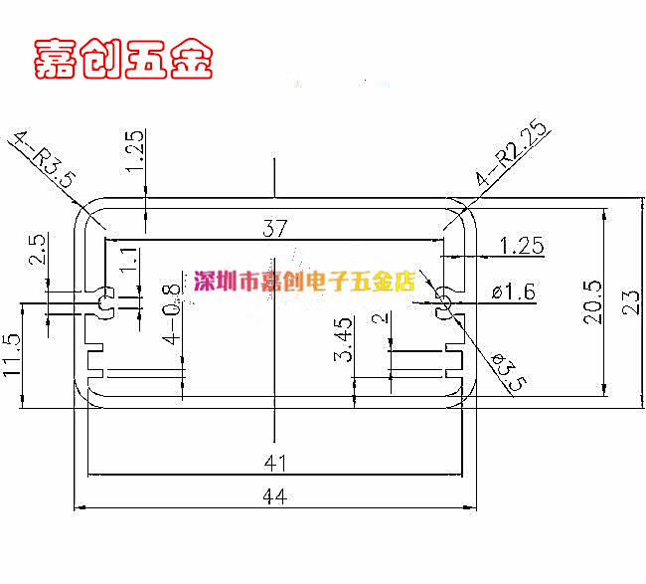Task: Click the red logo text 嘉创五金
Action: pyautogui.click(x=123, y=59)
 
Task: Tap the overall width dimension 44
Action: pyautogui.click(x=274, y=496)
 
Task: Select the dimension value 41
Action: pyautogui.click(x=274, y=463)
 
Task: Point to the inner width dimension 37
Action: pyautogui.click(x=274, y=228)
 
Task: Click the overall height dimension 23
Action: pyautogui.click(x=631, y=303)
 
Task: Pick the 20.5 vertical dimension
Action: pyautogui.click(x=593, y=301)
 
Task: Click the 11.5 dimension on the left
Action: pyautogui.click(x=12, y=355)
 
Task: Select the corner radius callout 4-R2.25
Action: pyautogui.click(x=513, y=152)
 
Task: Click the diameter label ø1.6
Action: pyautogui.click(x=514, y=292)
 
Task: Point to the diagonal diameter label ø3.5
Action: pyautogui.click(x=510, y=372)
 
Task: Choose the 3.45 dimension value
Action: pyautogui.click(x=343, y=339)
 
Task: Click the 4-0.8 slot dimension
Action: pyautogui.click(x=173, y=313)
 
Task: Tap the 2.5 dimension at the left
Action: pyautogui.click(x=37, y=249)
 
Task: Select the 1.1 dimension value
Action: pyautogui.click(x=128, y=259)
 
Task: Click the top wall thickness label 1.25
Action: pyautogui.click(x=134, y=151)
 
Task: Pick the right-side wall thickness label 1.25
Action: pyautogui.click(x=522, y=246)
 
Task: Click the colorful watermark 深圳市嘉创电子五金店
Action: pyautogui.click(x=304, y=282)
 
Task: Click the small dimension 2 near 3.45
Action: pyautogui.click(x=381, y=318)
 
